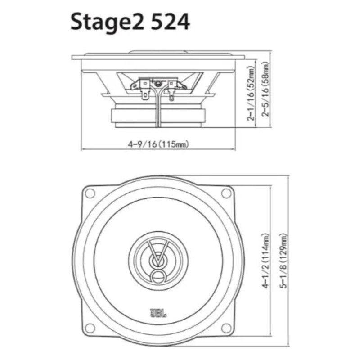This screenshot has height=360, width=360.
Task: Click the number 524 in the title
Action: [171, 22]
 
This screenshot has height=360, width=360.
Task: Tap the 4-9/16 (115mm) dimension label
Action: [158, 144]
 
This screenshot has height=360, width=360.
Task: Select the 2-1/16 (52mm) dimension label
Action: [251, 94]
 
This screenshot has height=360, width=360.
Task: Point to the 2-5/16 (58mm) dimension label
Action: [265, 89]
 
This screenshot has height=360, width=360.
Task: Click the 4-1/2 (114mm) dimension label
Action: [265, 261]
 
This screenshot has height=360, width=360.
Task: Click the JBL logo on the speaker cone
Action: [158, 313]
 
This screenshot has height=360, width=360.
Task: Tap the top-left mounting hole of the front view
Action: [90, 193]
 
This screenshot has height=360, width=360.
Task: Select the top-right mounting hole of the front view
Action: [226, 193]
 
